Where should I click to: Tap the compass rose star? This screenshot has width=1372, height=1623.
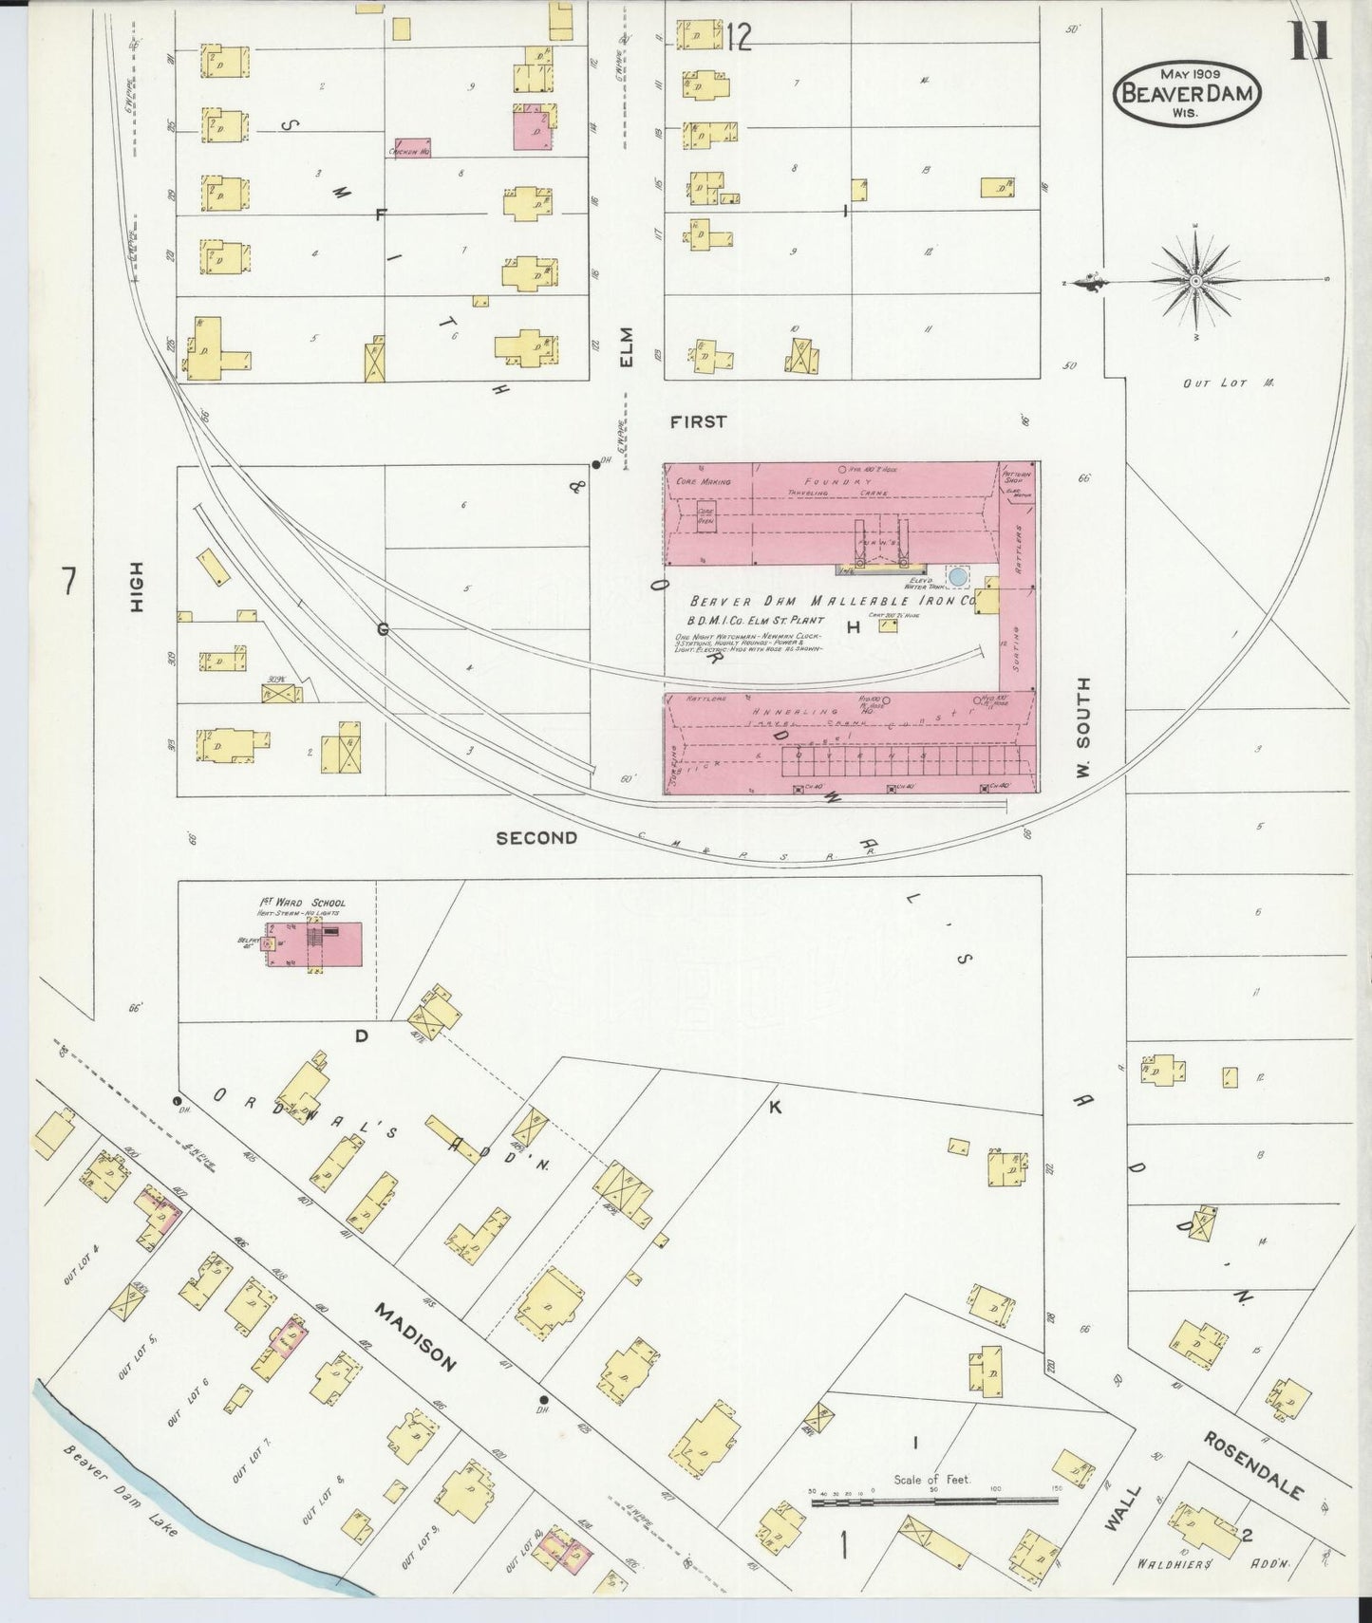[x=1195, y=281]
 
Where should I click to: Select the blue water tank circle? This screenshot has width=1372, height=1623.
[x=958, y=576]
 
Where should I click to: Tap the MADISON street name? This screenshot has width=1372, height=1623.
[x=415, y=1337]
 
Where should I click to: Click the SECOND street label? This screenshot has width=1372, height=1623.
[x=536, y=837]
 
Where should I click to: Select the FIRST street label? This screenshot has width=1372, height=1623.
[x=698, y=421]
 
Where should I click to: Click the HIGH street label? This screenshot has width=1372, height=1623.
[x=137, y=586]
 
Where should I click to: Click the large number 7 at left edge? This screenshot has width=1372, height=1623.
[x=67, y=580]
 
